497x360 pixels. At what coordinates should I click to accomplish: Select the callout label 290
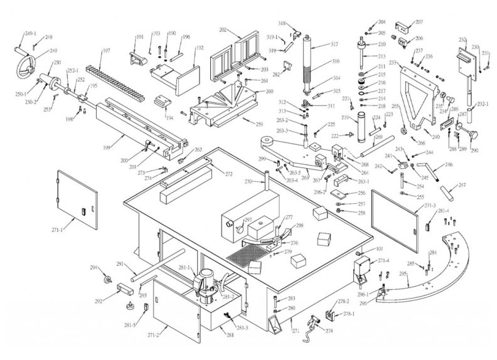click(474, 151)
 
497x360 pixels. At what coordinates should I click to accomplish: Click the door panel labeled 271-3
click(394, 213)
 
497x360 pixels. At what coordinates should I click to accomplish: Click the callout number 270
click(249, 182)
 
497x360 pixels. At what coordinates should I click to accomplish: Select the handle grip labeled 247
click(452, 188)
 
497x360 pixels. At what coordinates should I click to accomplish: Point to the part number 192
click(200, 48)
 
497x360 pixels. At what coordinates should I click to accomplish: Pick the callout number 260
click(270, 91)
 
